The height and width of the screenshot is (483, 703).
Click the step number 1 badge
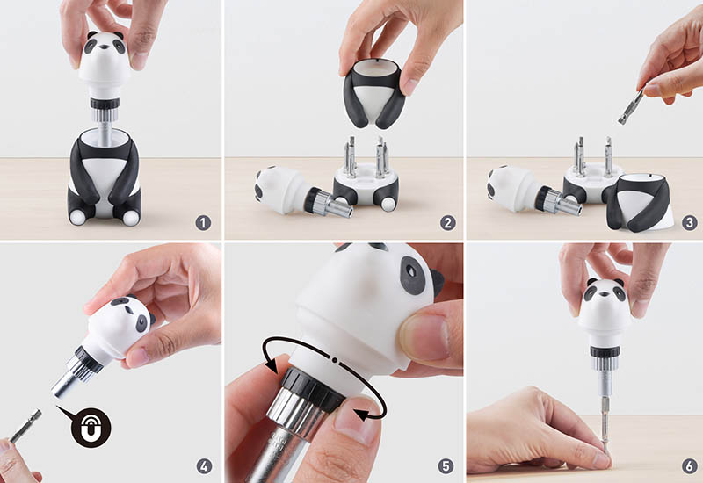(x=203, y=223)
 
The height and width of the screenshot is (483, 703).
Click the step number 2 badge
(x=447, y=223)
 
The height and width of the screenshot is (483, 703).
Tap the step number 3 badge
(x=690, y=223)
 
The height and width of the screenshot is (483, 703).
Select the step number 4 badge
(x=204, y=466)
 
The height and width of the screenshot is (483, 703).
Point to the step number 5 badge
(x=446, y=466)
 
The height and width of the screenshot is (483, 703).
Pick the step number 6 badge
(x=690, y=466)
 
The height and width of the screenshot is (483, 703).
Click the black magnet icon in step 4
(x=91, y=428)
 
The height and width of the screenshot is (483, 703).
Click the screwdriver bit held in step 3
(x=631, y=106)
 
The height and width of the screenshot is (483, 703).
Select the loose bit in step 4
(x=25, y=426)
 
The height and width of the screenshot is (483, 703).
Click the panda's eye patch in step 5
(x=412, y=276)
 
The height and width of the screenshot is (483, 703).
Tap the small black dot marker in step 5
(x=335, y=359)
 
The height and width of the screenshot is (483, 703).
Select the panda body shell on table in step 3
(x=640, y=203)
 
